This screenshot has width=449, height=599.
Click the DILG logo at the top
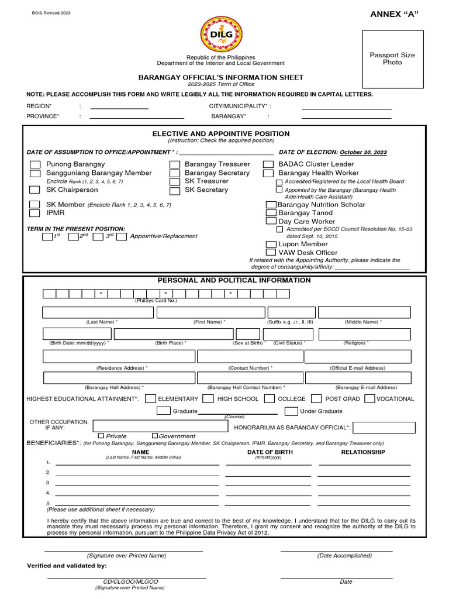(x=221, y=35)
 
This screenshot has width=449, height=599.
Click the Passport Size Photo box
(x=392, y=58)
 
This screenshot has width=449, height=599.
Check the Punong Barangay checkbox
(x=36, y=165)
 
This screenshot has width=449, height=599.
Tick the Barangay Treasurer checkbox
(x=175, y=165)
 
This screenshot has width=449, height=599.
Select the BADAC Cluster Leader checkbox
(x=268, y=165)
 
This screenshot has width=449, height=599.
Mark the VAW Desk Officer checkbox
(x=271, y=253)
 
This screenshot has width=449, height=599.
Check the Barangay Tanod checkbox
(x=271, y=213)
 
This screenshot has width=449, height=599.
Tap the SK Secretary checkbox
(x=175, y=191)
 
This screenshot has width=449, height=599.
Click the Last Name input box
(x=98, y=312)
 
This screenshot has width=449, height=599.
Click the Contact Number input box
(x=250, y=357)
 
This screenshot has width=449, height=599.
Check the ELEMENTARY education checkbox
(x=150, y=399)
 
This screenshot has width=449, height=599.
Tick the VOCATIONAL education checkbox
(x=369, y=399)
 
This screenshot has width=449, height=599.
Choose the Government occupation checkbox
(x=155, y=436)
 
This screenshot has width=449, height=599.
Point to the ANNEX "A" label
(x=395, y=15)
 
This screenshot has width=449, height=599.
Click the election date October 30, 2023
(x=363, y=152)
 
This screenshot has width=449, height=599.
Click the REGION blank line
(x=119, y=106)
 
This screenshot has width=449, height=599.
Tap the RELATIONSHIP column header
(x=363, y=452)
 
